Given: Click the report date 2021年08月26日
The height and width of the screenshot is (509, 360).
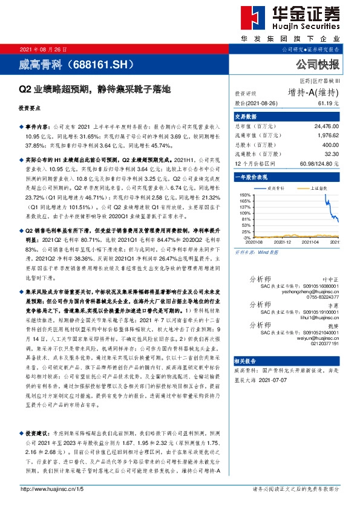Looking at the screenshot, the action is (44, 49).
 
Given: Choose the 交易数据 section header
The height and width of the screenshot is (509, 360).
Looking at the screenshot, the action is (246, 116).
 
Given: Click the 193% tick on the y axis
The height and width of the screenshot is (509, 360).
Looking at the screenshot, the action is (245, 195).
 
